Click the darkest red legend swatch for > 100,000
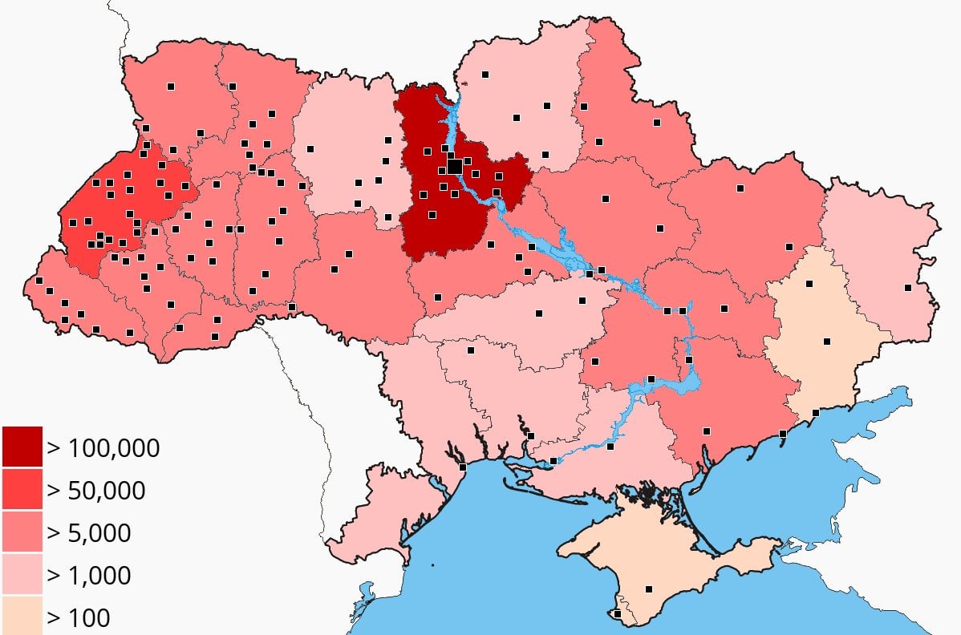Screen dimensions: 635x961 click(22, 447)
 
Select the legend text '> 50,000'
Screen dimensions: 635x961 click(96, 490)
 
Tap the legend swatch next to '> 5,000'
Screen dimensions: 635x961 click(22, 532)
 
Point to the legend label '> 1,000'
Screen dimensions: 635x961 click(89, 575)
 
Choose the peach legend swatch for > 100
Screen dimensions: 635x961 click(22, 616)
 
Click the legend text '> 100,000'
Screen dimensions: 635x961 click(103, 447)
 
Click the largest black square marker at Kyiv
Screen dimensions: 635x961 click(454, 166)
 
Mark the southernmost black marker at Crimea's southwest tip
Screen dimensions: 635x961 click(617, 614)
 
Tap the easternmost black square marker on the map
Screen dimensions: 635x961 click(908, 288)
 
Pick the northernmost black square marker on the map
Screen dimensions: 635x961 click(485, 75)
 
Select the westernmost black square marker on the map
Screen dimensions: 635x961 click(39, 281)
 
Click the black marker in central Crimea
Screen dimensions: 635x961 click(649, 589)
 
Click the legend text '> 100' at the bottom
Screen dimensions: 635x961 click(79, 617)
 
